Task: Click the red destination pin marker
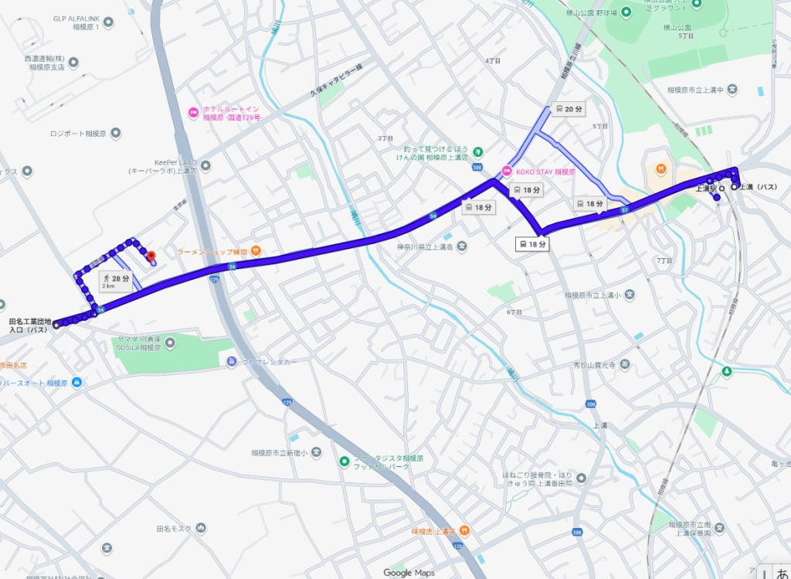(151, 255)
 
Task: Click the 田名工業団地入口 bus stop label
(29, 325)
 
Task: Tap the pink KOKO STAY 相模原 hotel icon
(507, 171)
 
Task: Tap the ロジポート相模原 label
(78, 133)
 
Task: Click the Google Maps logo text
(409, 572)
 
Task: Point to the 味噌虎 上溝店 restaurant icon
(464, 531)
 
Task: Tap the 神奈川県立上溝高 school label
(423, 247)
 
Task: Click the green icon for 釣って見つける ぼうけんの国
(477, 150)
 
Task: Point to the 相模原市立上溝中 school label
(695, 90)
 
